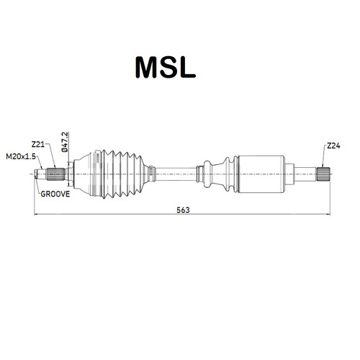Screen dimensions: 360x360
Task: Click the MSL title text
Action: click(x=166, y=67)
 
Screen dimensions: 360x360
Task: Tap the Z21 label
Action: click(x=38, y=145)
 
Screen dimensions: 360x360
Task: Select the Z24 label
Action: click(x=333, y=145)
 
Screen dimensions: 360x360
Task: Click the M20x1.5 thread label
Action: click(x=21, y=156)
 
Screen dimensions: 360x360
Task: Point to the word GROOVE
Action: click(x=55, y=194)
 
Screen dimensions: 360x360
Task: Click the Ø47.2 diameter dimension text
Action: click(x=65, y=142)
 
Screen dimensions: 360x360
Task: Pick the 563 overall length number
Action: click(x=183, y=210)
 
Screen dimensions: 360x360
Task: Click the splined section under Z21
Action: click(x=55, y=174)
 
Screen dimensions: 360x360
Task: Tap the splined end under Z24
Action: click(x=323, y=174)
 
